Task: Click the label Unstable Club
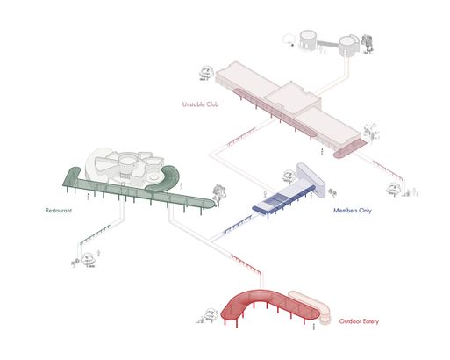click(x=200, y=104)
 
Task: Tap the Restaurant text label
click(x=59, y=211)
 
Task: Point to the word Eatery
click(x=369, y=321)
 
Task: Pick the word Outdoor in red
click(x=349, y=321)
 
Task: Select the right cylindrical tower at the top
click(x=349, y=46)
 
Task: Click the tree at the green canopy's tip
click(x=219, y=194)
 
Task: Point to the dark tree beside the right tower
click(x=368, y=43)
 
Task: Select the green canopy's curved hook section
click(x=165, y=179)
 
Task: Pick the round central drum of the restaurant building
click(x=127, y=162)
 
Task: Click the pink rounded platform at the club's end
click(x=350, y=148)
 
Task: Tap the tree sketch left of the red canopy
click(x=210, y=315)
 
